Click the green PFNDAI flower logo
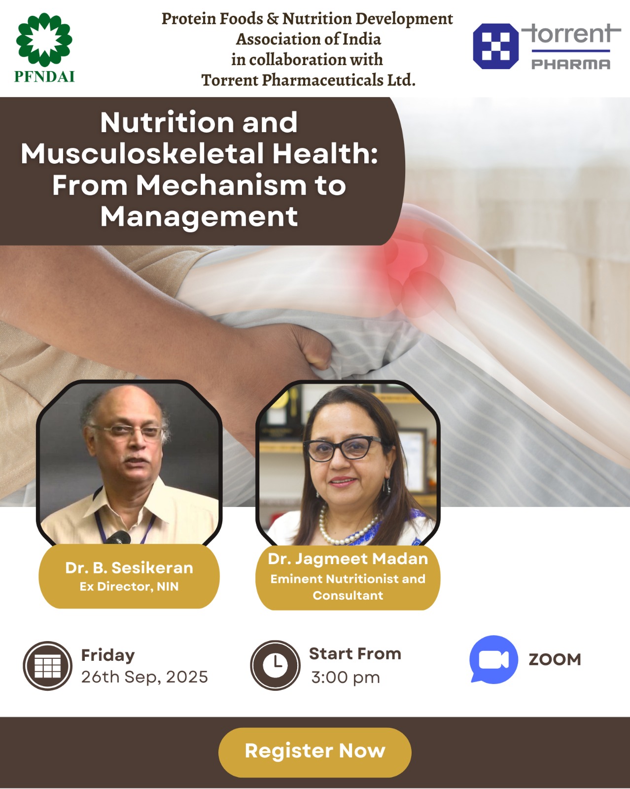[x=44, y=39]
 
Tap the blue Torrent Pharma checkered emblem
[x=495, y=46]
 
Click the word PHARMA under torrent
[x=571, y=65]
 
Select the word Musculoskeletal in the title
[x=142, y=154]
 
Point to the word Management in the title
[x=199, y=217]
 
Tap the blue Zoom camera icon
[x=493, y=659]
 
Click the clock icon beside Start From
[x=275, y=665]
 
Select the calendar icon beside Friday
[x=48, y=665]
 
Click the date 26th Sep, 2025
[x=144, y=677]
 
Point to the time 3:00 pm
[x=346, y=677]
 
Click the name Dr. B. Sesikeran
[x=129, y=568]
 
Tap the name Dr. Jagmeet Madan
[x=348, y=559]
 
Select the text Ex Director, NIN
[x=129, y=587]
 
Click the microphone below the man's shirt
[x=118, y=538]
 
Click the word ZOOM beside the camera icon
[x=555, y=660]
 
